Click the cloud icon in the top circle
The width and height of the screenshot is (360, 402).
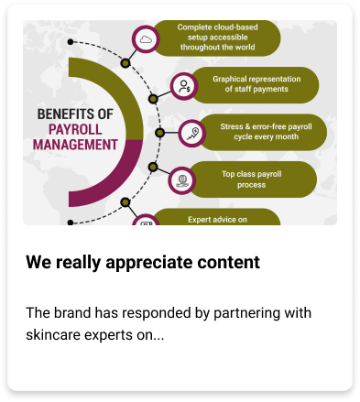146,39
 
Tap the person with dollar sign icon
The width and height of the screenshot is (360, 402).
184,86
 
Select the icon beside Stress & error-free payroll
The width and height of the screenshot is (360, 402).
192,134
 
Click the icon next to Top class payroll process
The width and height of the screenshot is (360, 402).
182,180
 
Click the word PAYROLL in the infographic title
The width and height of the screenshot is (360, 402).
75,129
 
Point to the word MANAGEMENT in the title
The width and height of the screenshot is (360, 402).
75,145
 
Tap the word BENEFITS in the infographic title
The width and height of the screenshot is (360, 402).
64,114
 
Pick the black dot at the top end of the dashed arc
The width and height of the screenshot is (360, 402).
71,42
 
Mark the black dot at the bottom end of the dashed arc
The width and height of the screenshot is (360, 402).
71,223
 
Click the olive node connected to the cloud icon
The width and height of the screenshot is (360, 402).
125,63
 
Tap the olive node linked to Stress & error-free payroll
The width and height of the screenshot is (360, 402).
159,133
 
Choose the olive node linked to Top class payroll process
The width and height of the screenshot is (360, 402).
153,167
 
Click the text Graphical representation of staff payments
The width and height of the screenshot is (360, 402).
256,84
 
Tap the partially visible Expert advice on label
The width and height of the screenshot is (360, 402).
217,220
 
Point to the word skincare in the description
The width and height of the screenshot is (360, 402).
53,335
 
